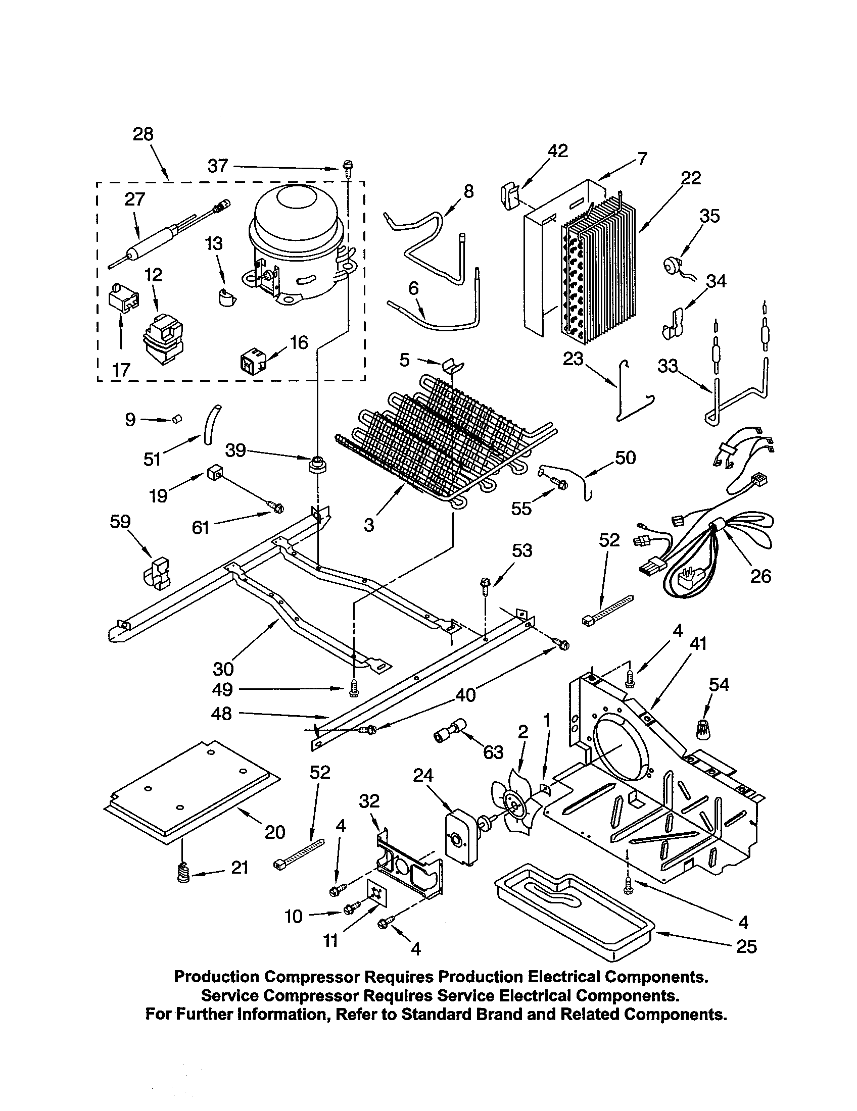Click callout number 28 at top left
click(143, 135)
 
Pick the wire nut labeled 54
click(703, 730)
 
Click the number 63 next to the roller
click(493, 752)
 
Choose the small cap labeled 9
click(177, 419)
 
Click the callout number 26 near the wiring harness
click(760, 576)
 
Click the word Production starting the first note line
click(216, 977)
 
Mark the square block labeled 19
click(213, 475)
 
